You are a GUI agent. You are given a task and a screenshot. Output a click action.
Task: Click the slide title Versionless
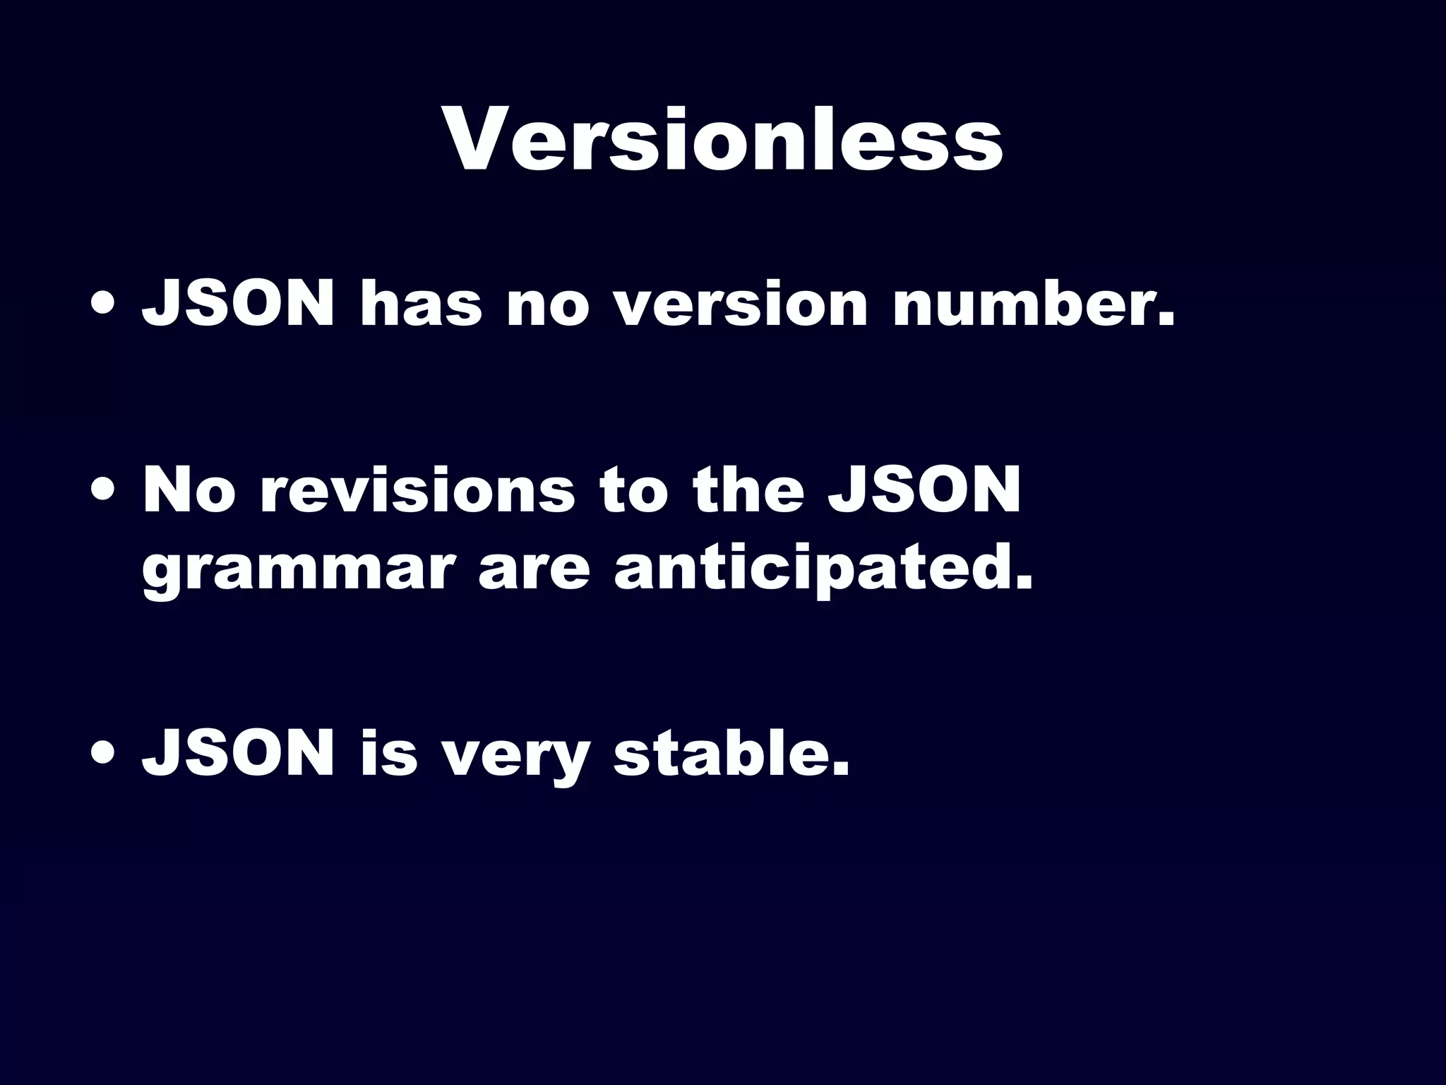[723, 139]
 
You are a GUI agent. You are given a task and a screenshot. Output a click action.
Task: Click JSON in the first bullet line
[238, 304]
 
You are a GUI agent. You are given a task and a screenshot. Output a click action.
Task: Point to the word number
[1032, 304]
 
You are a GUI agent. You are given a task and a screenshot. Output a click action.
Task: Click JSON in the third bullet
[238, 754]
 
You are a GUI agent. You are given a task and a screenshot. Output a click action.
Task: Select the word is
[389, 754]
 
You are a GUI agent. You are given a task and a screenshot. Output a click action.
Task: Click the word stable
[731, 754]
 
